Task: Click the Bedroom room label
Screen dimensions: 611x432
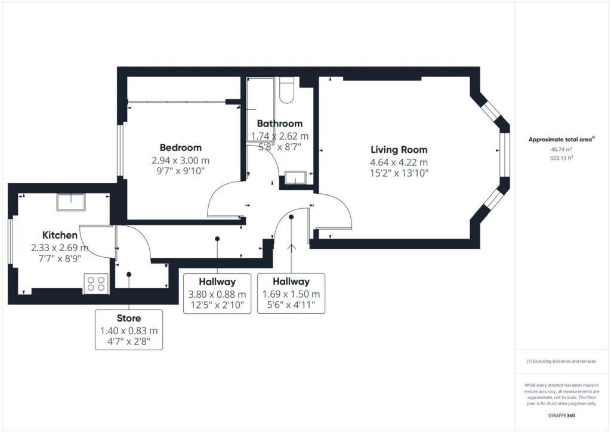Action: [x=180, y=147]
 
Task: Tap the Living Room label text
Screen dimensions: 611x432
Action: [x=399, y=150]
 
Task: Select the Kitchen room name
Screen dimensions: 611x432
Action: [x=60, y=235]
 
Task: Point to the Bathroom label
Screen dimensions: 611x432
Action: [x=280, y=124]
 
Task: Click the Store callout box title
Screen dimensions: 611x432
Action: [x=129, y=318]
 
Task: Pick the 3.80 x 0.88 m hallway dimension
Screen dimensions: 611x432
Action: [x=217, y=294]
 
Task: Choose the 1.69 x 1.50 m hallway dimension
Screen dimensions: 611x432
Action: [x=291, y=294]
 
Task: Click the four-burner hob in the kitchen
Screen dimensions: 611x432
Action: [x=96, y=283]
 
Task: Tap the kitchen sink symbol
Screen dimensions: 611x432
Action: [x=71, y=202]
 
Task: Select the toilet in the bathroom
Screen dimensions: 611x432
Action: [x=286, y=90]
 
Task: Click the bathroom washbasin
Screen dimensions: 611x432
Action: [x=296, y=178]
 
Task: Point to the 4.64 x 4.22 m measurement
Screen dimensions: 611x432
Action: [x=399, y=162]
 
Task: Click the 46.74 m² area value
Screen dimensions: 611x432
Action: [x=561, y=150]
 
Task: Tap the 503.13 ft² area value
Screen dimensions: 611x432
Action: [x=562, y=158]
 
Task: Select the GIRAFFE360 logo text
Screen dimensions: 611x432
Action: [x=561, y=415]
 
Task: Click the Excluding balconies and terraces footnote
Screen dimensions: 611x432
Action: [x=561, y=361]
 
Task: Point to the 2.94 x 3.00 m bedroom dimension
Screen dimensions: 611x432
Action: [x=180, y=160]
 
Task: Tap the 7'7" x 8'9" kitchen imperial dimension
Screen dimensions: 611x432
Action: [x=60, y=258]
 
